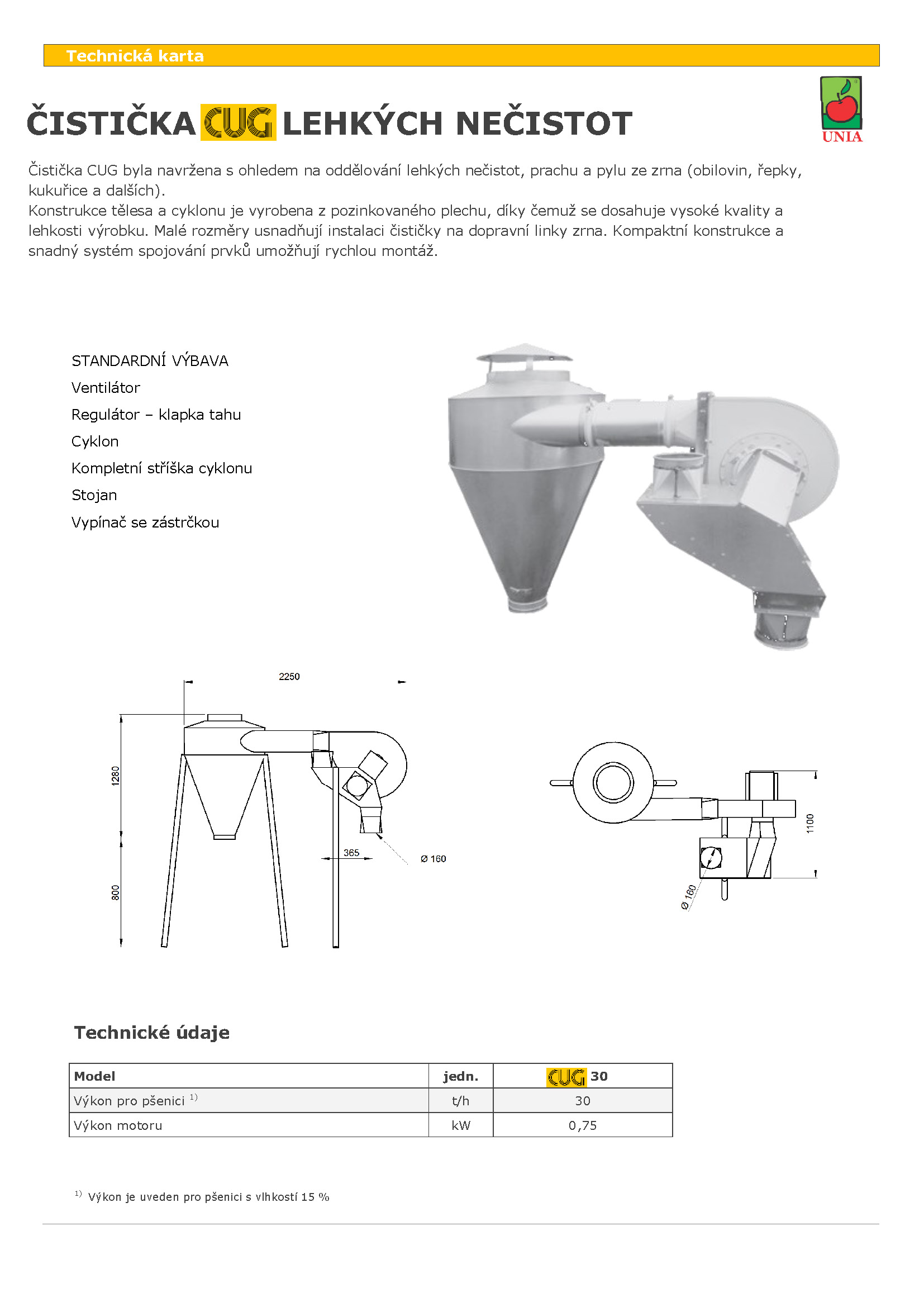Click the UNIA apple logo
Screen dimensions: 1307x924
pos(841,109)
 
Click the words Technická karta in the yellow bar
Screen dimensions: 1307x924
pos(135,56)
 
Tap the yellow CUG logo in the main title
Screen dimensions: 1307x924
pos(239,122)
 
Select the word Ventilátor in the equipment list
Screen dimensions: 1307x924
pos(106,388)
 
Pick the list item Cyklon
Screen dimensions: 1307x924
pos(95,441)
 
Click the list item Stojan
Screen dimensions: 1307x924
pos(94,495)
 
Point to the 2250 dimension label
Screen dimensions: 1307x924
pos(289,676)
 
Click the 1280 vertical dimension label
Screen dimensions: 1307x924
pos(116,776)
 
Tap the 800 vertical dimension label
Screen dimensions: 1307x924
pos(116,892)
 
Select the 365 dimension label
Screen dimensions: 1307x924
pos(351,852)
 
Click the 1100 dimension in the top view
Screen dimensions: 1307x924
pos(810,823)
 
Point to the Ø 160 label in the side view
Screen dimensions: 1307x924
pos(433,858)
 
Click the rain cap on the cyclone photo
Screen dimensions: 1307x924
pos(524,354)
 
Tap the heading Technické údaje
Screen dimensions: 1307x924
pos(152,1032)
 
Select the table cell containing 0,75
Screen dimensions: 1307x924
pos(583,1125)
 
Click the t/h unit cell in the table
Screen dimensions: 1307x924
pos(460,1100)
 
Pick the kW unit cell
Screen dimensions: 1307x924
pos(460,1125)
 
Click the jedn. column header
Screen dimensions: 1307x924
pos(460,1076)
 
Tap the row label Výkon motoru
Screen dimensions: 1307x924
pos(118,1125)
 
